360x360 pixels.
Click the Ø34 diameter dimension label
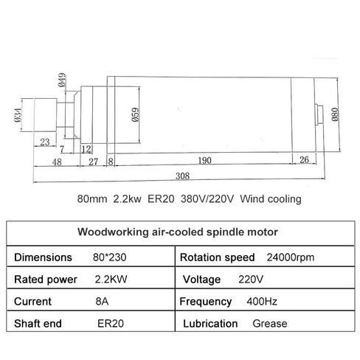point(18,115)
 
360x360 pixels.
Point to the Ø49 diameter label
point(62,80)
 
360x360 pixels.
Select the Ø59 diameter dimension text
point(136,114)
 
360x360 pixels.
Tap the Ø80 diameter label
point(335,114)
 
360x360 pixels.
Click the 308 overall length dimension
point(182,176)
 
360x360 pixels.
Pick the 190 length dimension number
point(204,161)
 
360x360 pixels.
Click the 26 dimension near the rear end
point(304,160)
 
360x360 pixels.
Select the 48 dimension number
point(57,162)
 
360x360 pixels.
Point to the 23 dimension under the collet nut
point(45,142)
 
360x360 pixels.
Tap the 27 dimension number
point(94,162)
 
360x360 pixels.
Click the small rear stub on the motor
point(319,114)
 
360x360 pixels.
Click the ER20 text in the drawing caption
point(161,198)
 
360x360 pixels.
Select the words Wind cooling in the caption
point(271,198)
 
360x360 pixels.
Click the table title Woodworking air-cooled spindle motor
point(178,232)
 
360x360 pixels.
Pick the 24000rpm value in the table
point(291,257)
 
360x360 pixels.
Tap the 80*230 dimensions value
point(110,257)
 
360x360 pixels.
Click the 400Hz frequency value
point(262,302)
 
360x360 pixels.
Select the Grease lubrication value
point(270,324)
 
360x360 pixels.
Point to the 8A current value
point(102,302)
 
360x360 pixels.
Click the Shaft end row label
point(38,324)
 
